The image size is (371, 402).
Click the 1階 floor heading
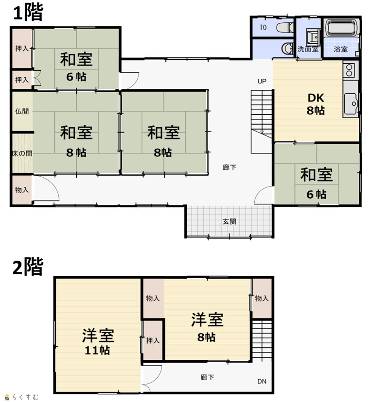[x=28, y=13]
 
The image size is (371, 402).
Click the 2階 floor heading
[x=28, y=267]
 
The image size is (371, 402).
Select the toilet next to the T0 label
[x=285, y=27]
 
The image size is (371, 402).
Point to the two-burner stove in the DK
[x=350, y=70]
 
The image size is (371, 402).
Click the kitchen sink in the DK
[x=351, y=104]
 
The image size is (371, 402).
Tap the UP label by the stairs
[x=262, y=81]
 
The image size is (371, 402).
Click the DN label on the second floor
[x=262, y=382]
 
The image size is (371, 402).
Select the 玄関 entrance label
[x=230, y=221]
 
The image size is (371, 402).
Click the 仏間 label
[x=22, y=111]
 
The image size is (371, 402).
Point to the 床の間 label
[x=22, y=153]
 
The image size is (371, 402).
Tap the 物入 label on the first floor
[x=22, y=190]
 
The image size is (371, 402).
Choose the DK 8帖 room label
[x=316, y=104]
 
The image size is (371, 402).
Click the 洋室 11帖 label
[x=98, y=342]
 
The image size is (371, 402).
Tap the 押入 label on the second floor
[x=153, y=340]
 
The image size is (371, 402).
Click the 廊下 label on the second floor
[x=207, y=377]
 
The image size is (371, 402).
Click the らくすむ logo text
[x=21, y=397]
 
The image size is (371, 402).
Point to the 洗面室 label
[x=308, y=49]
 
